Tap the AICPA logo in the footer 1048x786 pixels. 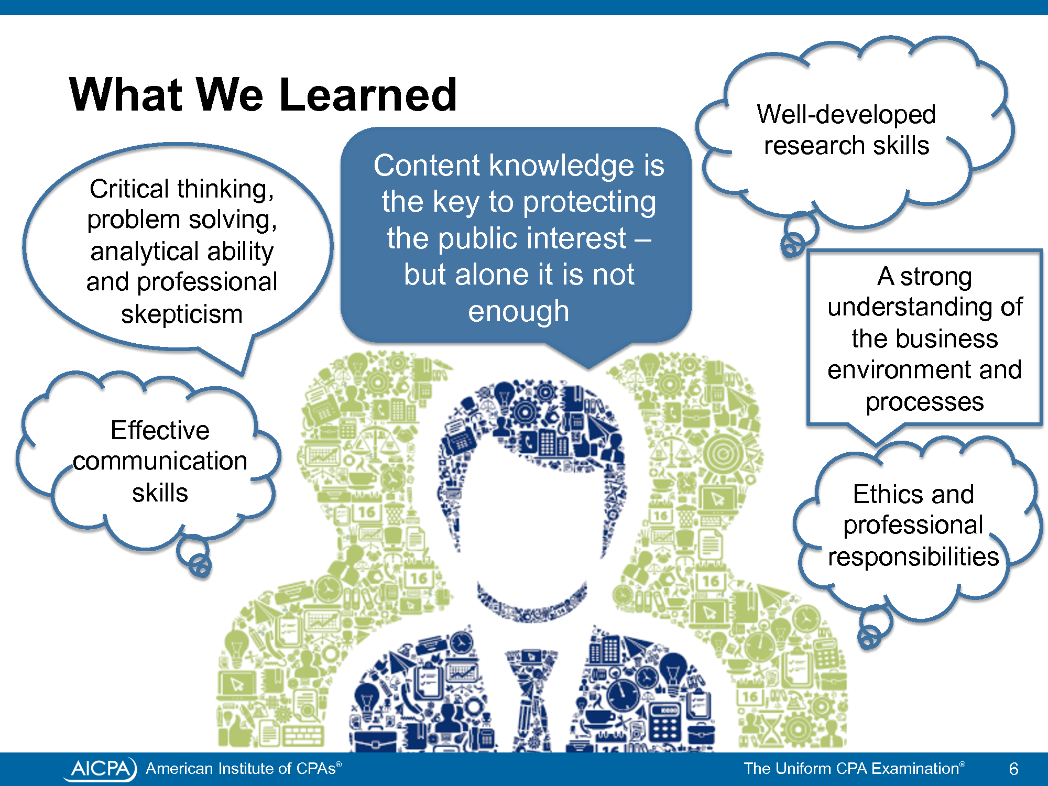coord(100,769)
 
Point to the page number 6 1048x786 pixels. coord(1013,769)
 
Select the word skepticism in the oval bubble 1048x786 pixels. coord(182,314)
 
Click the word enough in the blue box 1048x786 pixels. coord(518,311)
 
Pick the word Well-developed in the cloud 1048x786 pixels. coord(846,114)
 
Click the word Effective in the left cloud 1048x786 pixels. coord(160,430)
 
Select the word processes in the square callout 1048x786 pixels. coord(925,402)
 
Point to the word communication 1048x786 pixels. coord(160,461)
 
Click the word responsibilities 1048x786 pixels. coord(913,556)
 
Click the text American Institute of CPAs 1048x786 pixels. coord(244,769)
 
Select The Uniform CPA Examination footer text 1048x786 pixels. coord(854,769)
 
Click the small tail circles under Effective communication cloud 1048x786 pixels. coord(195,558)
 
